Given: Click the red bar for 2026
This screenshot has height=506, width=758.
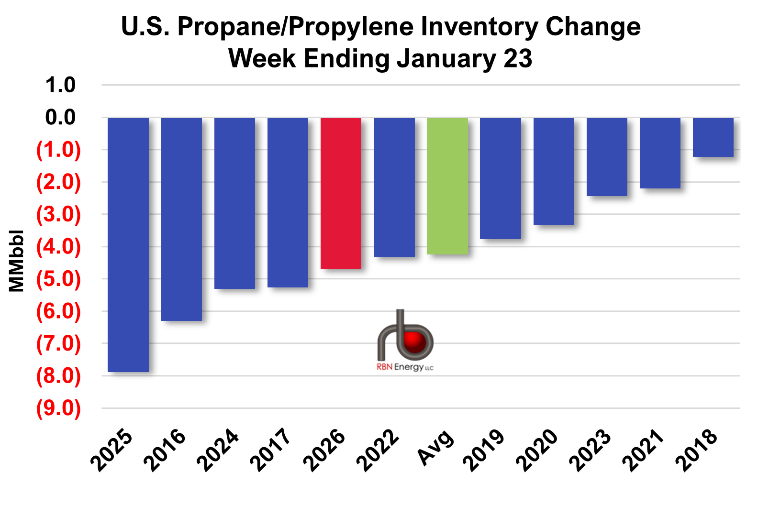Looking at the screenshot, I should tap(341, 193).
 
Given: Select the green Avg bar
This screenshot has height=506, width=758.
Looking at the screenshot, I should tap(447, 186).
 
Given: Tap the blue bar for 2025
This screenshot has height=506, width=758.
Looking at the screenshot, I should tap(128, 244).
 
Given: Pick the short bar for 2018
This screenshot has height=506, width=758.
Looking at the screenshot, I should tap(713, 137).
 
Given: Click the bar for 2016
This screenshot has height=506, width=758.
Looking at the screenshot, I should tap(181, 219).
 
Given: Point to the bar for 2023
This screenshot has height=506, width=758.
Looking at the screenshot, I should tap(607, 156).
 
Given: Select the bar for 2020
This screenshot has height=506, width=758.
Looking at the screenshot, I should tap(554, 171).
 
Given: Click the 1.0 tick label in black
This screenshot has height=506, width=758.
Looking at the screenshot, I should tap(60, 85).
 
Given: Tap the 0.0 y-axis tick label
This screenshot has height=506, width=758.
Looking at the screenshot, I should tap(60, 117).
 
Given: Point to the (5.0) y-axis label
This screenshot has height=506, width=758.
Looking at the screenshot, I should tap(58, 279).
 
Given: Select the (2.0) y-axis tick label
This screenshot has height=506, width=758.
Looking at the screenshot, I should tap(58, 182).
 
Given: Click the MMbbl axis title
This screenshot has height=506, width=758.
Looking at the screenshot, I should tap(16, 261).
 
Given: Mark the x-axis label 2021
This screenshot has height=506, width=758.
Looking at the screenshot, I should tap(644, 450).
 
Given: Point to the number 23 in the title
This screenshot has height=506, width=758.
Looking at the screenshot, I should tap(517, 58).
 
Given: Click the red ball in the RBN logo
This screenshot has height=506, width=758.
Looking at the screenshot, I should tap(412, 341).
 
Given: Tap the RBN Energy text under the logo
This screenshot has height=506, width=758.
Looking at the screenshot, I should tap(404, 367).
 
